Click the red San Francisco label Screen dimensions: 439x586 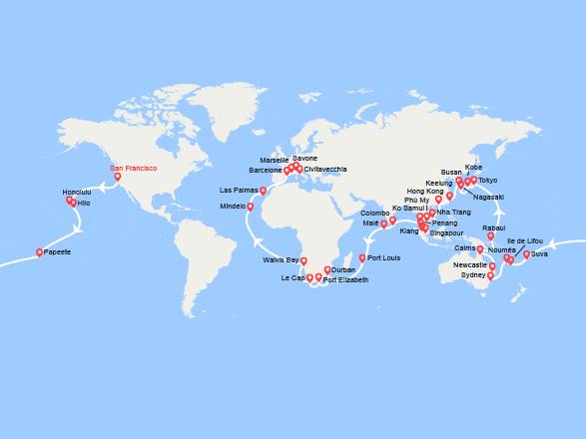pyautogui.click(x=133, y=169)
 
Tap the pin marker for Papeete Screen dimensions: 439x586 pyautogui.click(x=39, y=252)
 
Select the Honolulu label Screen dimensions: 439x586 pyautogui.click(x=76, y=192)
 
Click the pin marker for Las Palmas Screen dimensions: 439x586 pyautogui.click(x=263, y=190)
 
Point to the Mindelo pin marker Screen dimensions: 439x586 pyautogui.click(x=250, y=207)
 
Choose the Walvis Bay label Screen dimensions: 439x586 pyautogui.click(x=281, y=259)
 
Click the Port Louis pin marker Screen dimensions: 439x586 pyautogui.click(x=362, y=257)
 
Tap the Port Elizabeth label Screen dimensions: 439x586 pyautogui.click(x=345, y=280)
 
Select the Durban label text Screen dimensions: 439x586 pyautogui.click(x=342, y=270)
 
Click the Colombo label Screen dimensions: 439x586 pyautogui.click(x=374, y=213)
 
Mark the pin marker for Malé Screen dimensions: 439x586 pyautogui.click(x=383, y=223)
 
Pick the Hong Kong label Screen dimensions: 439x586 pyautogui.click(x=424, y=191)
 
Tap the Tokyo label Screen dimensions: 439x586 pyautogui.click(x=487, y=181)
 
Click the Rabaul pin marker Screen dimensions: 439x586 pyautogui.click(x=491, y=235)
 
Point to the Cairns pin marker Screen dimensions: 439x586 pyautogui.click(x=480, y=248)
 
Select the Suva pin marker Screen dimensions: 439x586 pyautogui.click(x=526, y=253)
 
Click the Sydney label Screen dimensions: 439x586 pyautogui.click(x=473, y=275)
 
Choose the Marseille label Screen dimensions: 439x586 pyautogui.click(x=274, y=160)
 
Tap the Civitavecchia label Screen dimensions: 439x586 pyautogui.click(x=325, y=170)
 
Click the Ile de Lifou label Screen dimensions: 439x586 pyautogui.click(x=525, y=241)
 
